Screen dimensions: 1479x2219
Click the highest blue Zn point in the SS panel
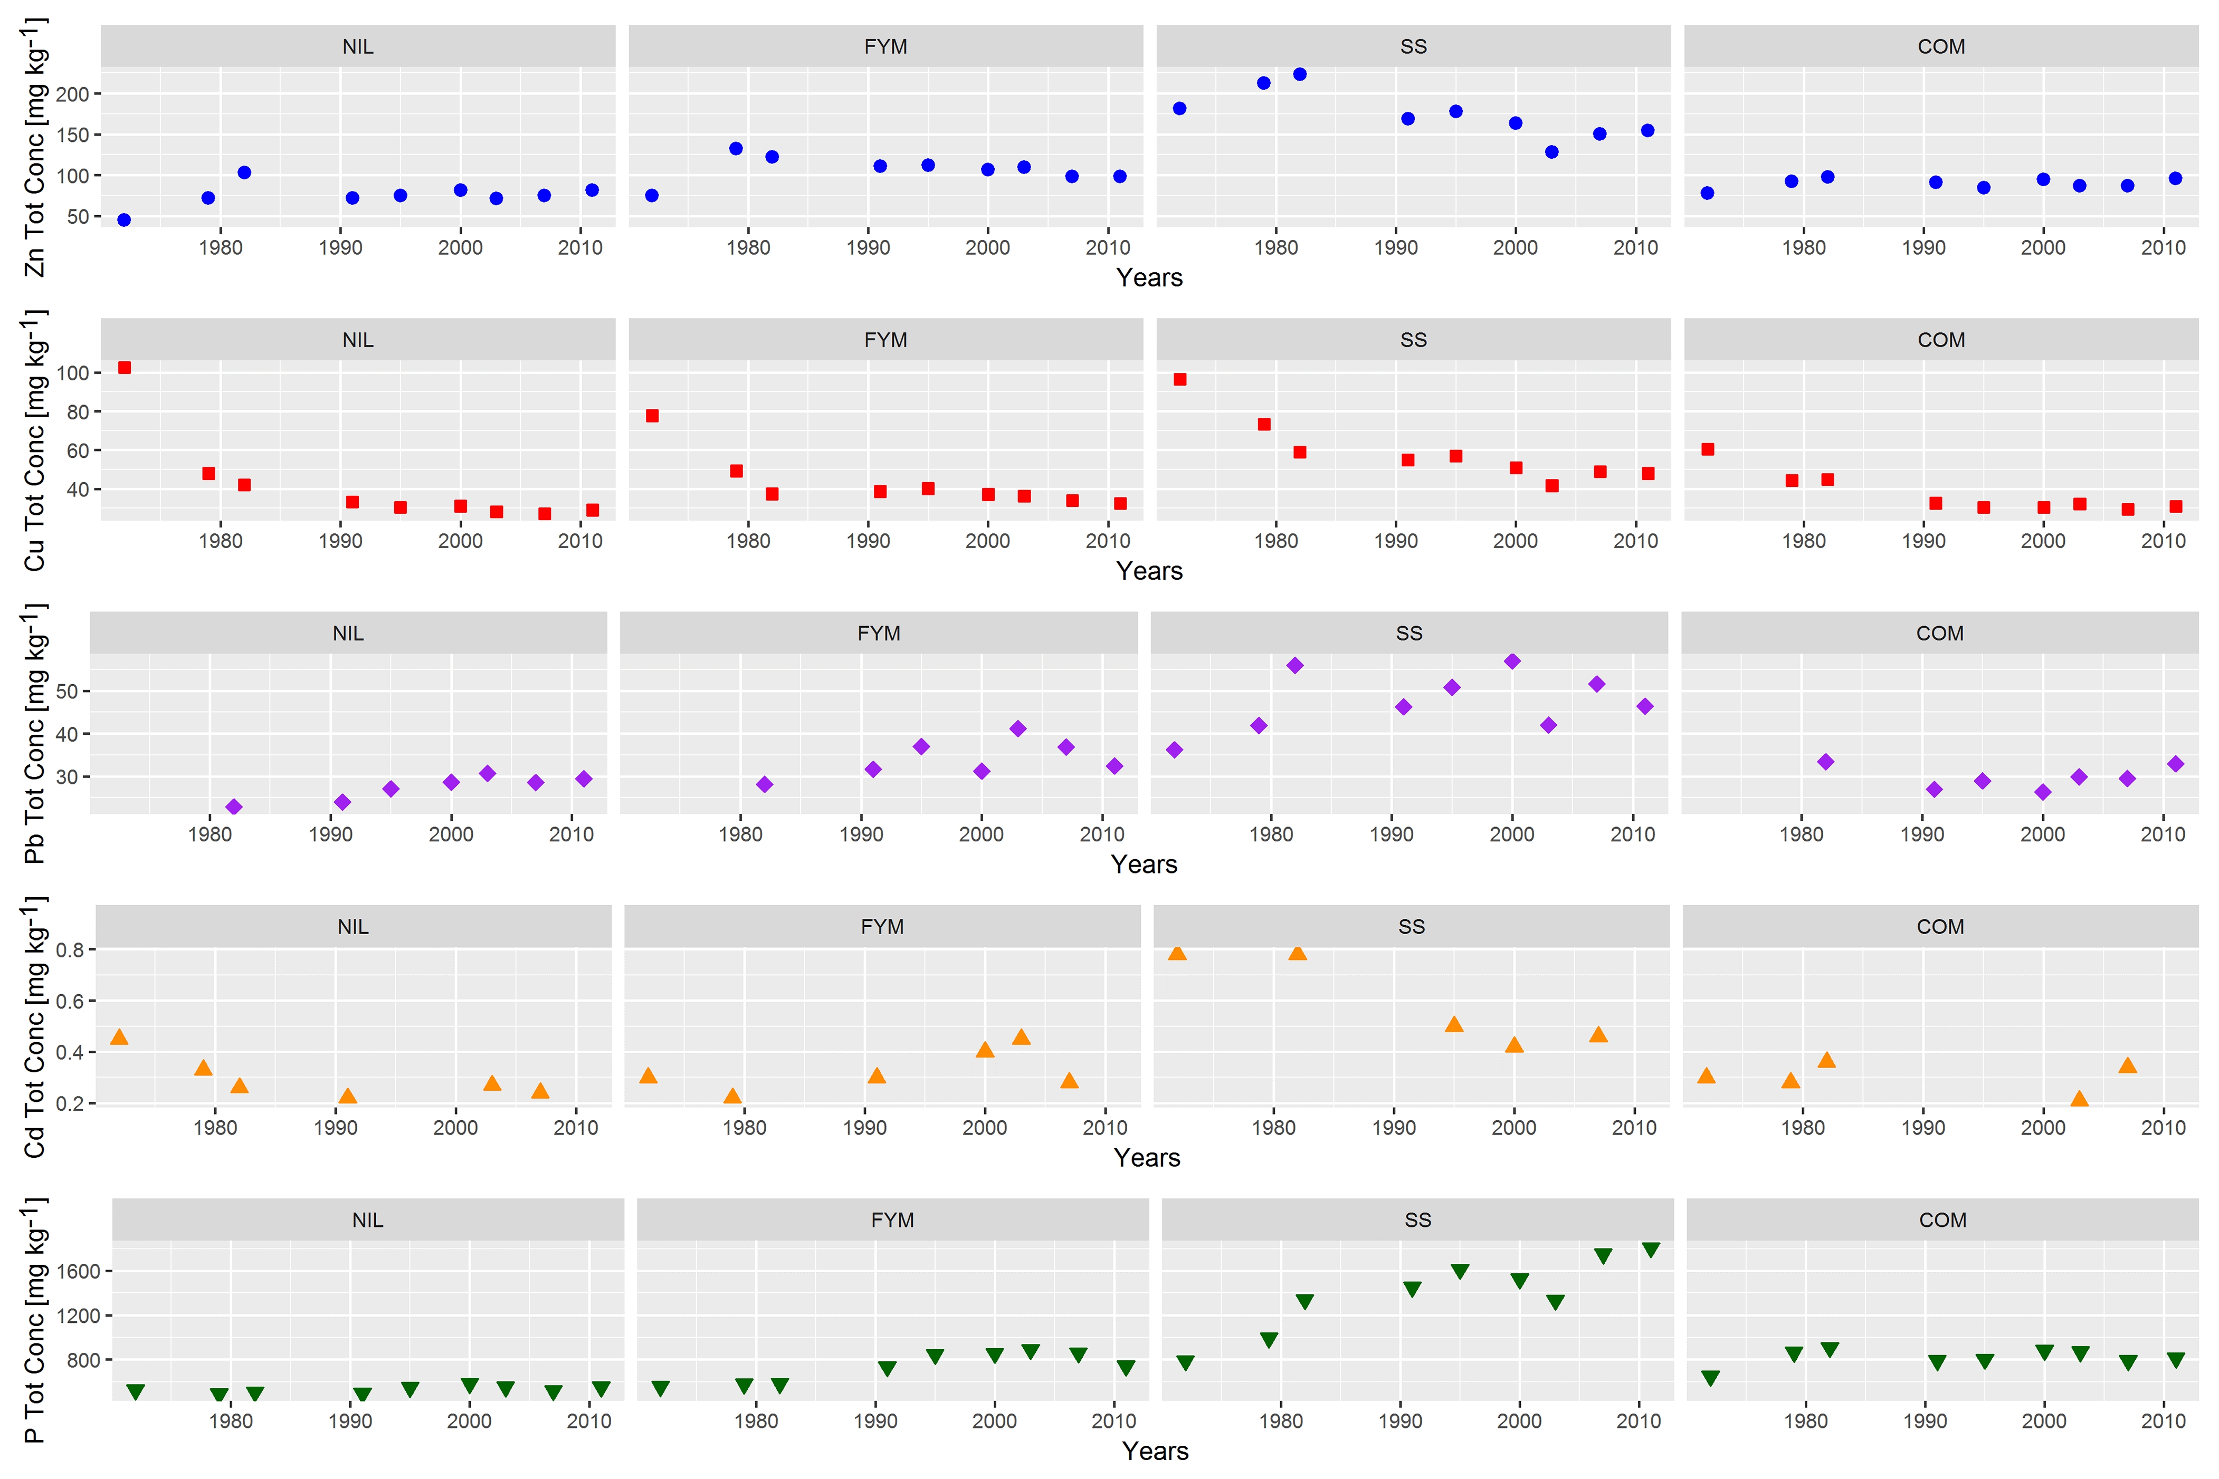1299,74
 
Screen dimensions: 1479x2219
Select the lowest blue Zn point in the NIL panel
123,220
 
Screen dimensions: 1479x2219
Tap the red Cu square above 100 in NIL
125,368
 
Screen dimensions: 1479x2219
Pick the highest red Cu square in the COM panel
1708,449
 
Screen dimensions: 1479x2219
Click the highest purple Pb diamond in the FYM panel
1017,728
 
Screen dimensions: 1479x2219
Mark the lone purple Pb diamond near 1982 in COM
1825,761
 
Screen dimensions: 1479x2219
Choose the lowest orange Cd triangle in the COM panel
2079,1099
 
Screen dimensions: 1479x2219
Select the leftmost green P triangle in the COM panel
1710,1378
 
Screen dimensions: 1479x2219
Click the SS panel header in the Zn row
1413,46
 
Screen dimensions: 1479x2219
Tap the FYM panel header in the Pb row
878,633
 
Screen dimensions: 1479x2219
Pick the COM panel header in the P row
1942,1219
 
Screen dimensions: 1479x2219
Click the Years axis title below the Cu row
1149,571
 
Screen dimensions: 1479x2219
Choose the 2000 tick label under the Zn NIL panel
460,247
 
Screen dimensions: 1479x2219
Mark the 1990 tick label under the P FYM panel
875,1420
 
